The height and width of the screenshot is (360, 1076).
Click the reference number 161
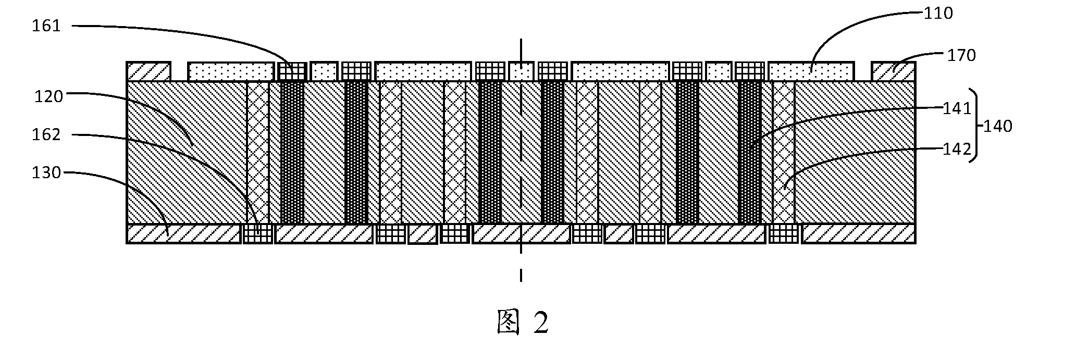(x=46, y=26)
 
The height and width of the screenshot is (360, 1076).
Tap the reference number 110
(x=938, y=13)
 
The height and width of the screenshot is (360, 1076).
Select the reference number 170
(x=961, y=55)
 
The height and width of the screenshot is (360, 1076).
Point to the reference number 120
(x=48, y=96)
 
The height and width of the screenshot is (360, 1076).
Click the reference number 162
(x=46, y=135)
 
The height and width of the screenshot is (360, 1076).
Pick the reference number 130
(x=46, y=172)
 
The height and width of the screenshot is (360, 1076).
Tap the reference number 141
(x=958, y=109)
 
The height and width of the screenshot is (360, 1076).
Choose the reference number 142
(x=958, y=150)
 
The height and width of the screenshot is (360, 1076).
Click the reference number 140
(x=997, y=126)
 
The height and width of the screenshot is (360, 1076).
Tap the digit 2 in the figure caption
(x=541, y=323)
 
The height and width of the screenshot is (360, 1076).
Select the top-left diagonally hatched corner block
(x=149, y=71)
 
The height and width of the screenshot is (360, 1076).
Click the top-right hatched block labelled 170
(x=894, y=71)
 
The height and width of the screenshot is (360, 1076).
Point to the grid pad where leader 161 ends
(x=292, y=71)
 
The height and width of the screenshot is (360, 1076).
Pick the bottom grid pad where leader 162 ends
(x=258, y=233)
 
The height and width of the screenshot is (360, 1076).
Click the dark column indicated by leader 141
(x=750, y=152)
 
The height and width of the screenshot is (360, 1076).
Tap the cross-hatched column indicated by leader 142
(x=783, y=152)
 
